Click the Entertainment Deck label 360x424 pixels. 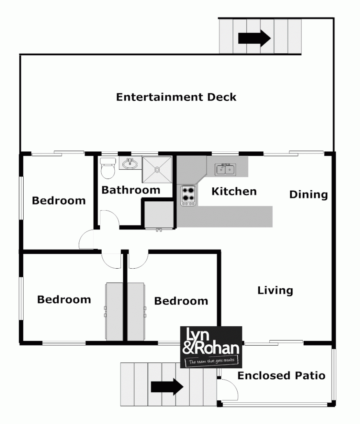(x=176, y=97)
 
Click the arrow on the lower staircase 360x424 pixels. (x=167, y=387)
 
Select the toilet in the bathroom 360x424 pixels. (x=108, y=168)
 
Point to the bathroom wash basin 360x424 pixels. (x=130, y=163)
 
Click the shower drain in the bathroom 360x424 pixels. (x=157, y=170)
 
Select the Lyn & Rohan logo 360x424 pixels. (x=211, y=347)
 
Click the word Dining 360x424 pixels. (x=308, y=195)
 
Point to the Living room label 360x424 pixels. (x=275, y=291)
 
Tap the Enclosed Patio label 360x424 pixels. (x=282, y=376)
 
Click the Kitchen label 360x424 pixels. (x=234, y=191)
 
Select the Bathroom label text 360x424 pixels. (x=131, y=190)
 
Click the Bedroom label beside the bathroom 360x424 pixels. (x=59, y=201)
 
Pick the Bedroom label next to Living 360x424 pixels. (x=181, y=301)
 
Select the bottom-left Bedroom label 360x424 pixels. (x=64, y=299)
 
